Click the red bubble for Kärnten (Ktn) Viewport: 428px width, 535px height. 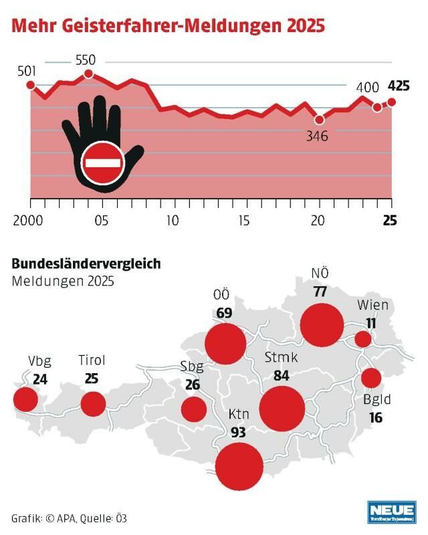pyautogui.click(x=239, y=465)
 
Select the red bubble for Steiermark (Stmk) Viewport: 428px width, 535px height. pyautogui.click(x=282, y=407)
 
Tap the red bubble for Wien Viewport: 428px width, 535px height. pyautogui.click(x=363, y=339)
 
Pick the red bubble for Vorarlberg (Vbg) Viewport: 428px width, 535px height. pyautogui.click(x=26, y=399)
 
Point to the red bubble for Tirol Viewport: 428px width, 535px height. pyautogui.click(x=93, y=404)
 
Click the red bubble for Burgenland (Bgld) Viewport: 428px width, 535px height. pyautogui.click(x=371, y=378)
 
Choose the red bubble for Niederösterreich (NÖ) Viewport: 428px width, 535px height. pyautogui.click(x=322, y=324)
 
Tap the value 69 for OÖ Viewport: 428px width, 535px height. pyautogui.click(x=224, y=312)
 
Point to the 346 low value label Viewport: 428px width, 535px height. pyautogui.click(x=319, y=136)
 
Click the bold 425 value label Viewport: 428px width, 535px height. pyautogui.click(x=399, y=86)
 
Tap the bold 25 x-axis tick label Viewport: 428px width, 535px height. pyautogui.click(x=390, y=221)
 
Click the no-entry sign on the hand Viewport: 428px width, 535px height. pyautogui.click(x=102, y=163)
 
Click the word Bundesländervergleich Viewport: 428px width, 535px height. pyautogui.click(x=86, y=263)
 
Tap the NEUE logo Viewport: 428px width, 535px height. pyautogui.click(x=392, y=511)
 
